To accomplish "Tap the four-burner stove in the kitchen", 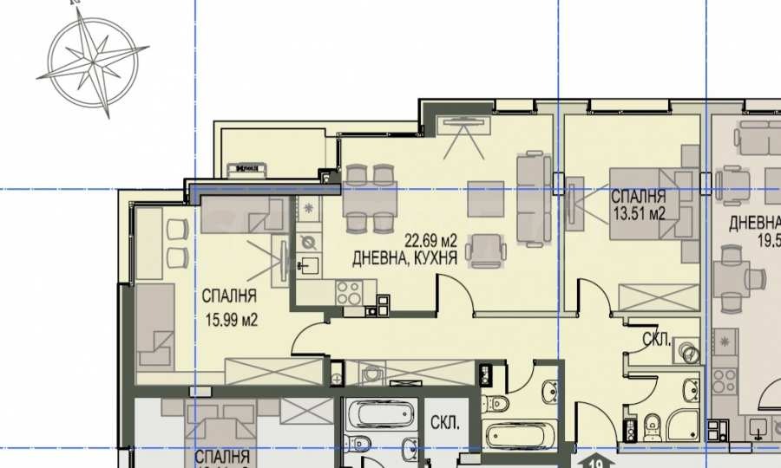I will [x=350, y=293].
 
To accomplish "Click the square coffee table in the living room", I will [x=485, y=198].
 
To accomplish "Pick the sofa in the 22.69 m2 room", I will [x=533, y=198].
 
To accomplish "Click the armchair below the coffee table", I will [x=482, y=250].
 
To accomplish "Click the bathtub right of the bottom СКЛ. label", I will [x=521, y=432].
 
